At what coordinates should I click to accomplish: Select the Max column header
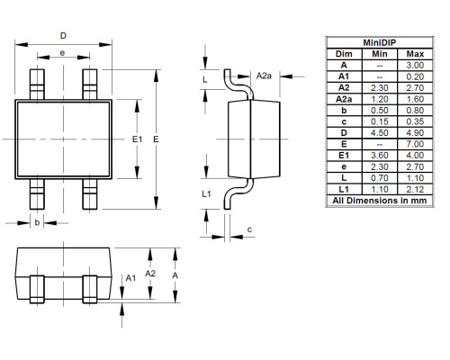[x=414, y=54]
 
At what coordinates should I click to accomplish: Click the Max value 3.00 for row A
[x=414, y=65]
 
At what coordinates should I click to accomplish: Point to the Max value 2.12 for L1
[x=414, y=188]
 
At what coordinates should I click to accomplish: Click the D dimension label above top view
[x=62, y=37]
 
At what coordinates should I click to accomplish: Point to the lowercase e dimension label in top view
[x=62, y=54]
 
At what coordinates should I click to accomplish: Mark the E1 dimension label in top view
[x=137, y=140]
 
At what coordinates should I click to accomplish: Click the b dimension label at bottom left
[x=37, y=221]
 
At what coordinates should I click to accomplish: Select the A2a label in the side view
[x=264, y=76]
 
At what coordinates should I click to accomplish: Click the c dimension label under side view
[x=248, y=229]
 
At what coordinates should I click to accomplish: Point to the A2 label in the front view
[x=150, y=274]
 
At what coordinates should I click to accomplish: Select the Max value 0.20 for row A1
[x=414, y=75]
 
